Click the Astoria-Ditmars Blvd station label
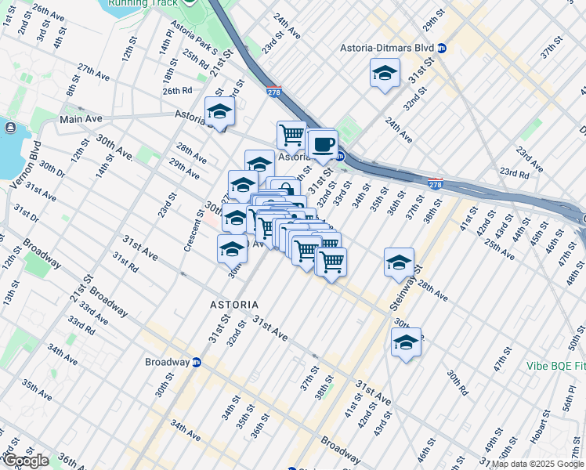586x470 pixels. coord(386,48)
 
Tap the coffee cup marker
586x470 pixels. coord(322,144)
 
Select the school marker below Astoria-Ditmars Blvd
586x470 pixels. coord(384,74)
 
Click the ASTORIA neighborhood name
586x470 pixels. coord(235,303)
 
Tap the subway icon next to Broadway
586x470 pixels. coord(197,363)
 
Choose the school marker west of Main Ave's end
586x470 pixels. coord(219,112)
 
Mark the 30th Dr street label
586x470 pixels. coord(52,168)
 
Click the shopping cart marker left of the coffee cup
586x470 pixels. coord(291,135)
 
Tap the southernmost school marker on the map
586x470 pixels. coord(406,342)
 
